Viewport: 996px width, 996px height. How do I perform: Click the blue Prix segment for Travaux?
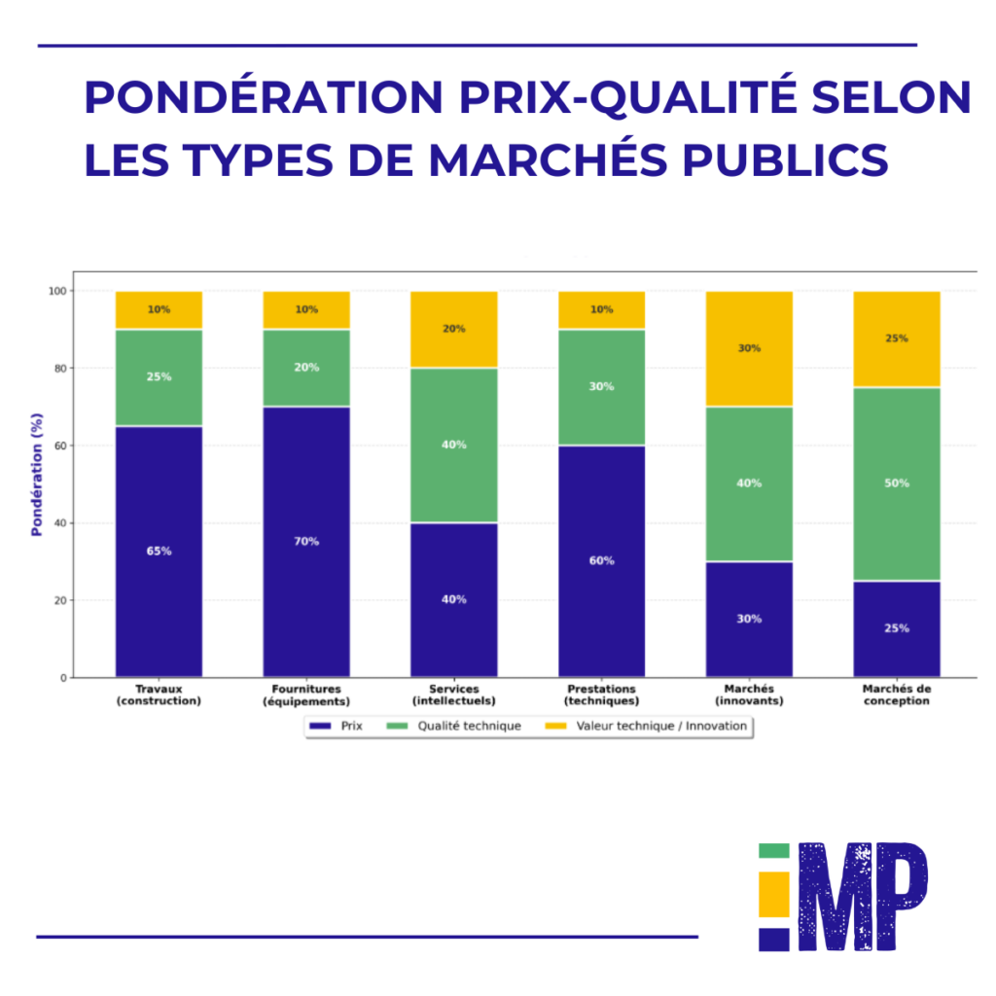159,551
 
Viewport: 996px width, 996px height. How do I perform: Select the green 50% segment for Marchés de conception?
897,483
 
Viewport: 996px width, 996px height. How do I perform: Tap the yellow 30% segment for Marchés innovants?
749,348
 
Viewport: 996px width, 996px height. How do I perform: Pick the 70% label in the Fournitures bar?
306,542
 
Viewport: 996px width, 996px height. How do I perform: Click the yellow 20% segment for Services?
453,329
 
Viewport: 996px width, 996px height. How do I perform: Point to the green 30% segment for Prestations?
601,387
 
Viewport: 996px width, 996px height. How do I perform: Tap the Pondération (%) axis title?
37,483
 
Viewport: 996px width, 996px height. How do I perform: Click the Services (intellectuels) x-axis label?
453,694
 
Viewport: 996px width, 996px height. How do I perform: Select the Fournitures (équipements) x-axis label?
306,694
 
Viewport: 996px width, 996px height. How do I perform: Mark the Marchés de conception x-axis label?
897,694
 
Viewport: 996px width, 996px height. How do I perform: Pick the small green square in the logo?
774,851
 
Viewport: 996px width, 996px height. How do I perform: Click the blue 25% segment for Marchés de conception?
897,628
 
